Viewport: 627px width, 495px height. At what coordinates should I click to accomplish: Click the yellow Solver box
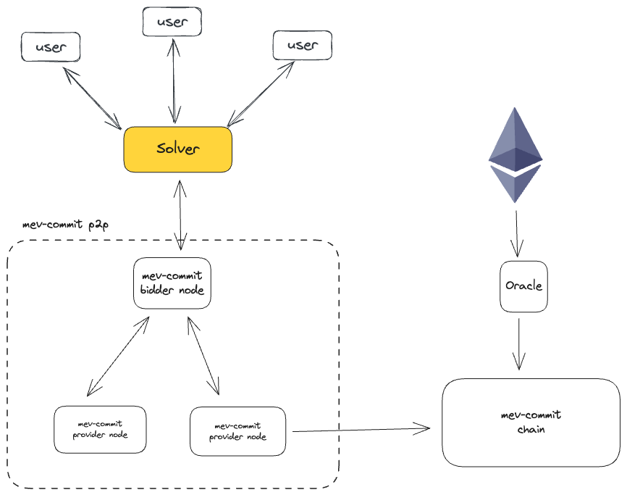[x=177, y=149]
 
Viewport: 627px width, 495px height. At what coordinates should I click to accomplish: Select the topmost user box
[x=172, y=21]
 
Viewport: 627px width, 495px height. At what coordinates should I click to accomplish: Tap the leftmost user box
[x=51, y=47]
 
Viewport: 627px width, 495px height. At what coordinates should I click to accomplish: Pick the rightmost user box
[x=302, y=45]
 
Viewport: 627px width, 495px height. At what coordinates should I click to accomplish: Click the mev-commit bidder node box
[x=172, y=283]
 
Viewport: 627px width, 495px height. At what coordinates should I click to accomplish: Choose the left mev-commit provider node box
[x=100, y=430]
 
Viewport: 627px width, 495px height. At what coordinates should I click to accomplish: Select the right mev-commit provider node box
[x=237, y=431]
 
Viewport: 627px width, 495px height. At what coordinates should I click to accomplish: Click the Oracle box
[x=523, y=286]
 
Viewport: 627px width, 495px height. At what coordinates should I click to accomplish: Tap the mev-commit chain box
[x=531, y=423]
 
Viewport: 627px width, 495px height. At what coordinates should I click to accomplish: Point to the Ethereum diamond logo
[x=515, y=155]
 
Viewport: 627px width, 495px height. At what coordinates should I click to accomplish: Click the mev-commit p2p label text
[x=65, y=225]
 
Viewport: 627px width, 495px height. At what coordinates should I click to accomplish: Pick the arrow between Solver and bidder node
[x=179, y=215]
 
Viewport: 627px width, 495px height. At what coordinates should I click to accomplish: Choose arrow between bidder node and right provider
[x=203, y=354]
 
